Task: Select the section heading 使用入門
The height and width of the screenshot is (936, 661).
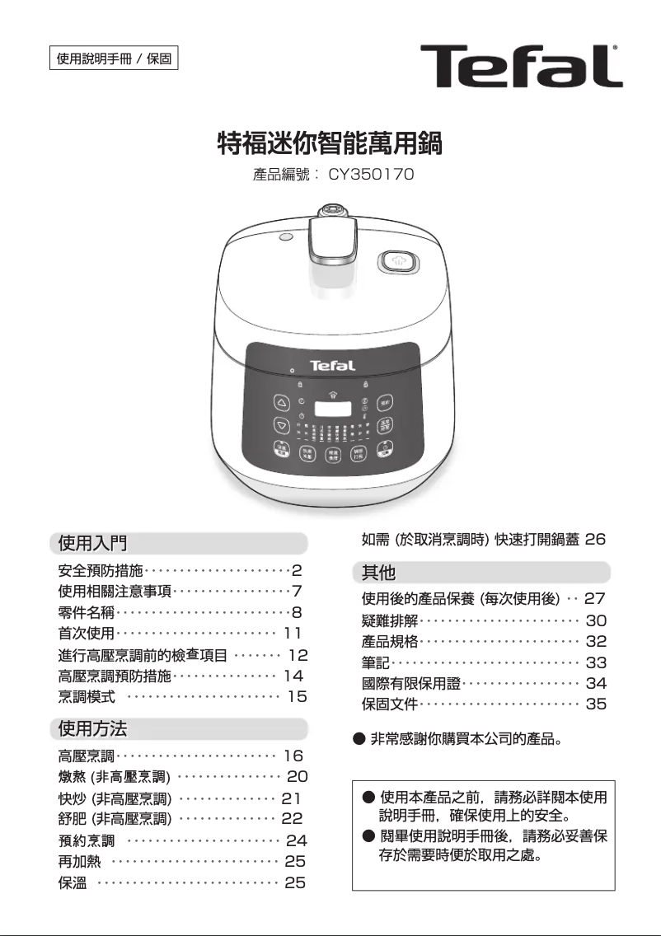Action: point(92,543)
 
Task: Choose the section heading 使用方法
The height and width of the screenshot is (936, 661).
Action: point(92,728)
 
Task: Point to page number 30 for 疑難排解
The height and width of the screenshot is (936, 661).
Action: point(596,620)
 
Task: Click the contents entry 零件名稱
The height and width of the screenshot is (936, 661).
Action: point(87,612)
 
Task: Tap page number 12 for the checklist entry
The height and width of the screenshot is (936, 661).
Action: point(298,655)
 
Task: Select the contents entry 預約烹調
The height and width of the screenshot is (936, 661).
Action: point(87,840)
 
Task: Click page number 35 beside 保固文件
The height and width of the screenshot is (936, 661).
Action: point(596,704)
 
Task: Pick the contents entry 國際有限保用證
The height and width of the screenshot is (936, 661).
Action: point(411,683)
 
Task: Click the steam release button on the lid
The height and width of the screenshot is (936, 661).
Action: point(397,263)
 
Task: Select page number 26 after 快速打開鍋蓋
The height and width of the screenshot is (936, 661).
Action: point(595,540)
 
